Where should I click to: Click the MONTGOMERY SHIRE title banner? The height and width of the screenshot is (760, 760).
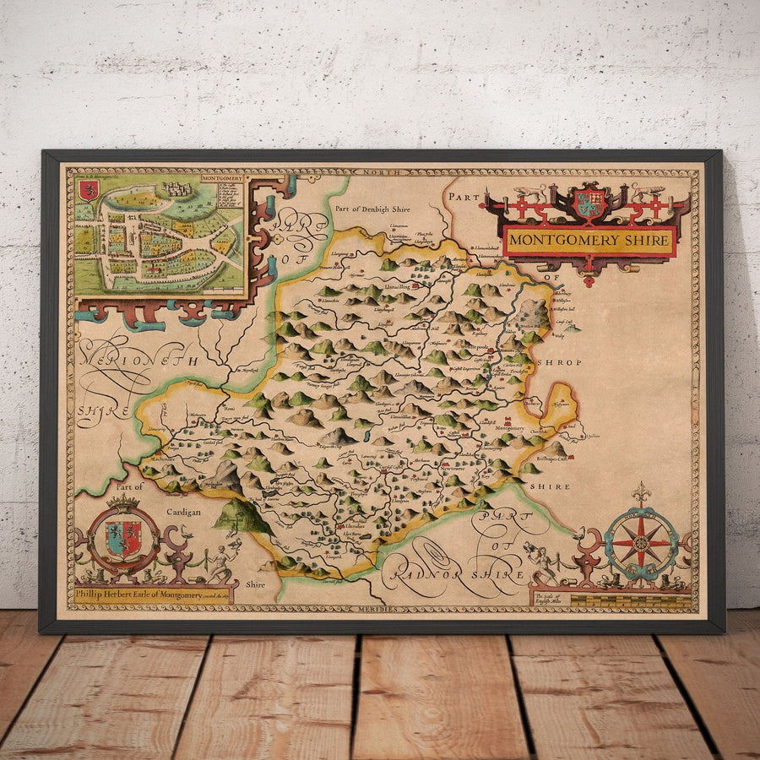[589, 241]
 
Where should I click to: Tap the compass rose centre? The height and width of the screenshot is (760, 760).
[641, 540]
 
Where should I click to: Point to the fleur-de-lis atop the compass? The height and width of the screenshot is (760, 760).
[642, 491]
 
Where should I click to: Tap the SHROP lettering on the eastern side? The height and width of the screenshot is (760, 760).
[555, 361]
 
